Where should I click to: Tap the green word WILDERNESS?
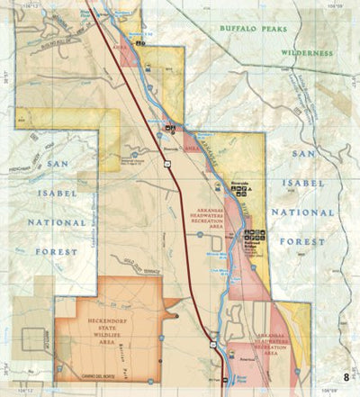(294, 53)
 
